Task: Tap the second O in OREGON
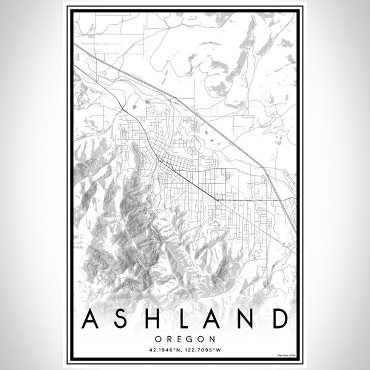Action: coord(200,339)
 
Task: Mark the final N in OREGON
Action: coord(212,339)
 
